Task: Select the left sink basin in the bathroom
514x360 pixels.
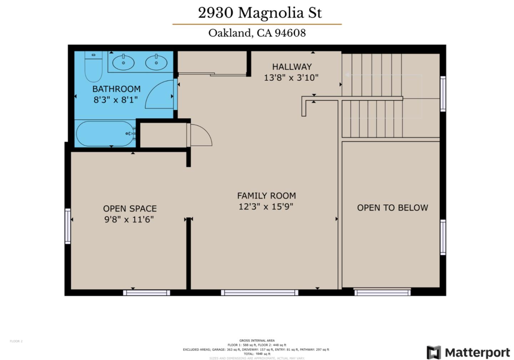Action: (124, 63)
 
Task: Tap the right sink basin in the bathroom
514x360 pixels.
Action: (156, 63)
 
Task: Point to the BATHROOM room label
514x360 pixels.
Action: (116, 89)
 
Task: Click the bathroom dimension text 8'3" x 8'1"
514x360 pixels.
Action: (116, 100)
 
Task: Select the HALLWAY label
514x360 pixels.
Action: (292, 67)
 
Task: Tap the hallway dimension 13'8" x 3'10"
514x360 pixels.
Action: (291, 77)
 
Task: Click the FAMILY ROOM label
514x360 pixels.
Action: (266, 196)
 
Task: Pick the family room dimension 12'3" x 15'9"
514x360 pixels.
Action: (266, 206)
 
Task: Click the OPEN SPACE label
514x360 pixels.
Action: (130, 209)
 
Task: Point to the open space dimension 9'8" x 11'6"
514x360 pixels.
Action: (129, 219)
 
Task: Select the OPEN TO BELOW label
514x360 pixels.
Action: (392, 208)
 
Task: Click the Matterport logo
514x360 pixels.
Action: (469, 352)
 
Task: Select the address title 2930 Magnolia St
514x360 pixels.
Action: (260, 13)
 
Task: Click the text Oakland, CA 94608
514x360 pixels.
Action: (257, 33)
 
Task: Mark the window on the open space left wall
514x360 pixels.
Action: (67, 226)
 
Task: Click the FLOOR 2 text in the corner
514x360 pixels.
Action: (16, 341)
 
